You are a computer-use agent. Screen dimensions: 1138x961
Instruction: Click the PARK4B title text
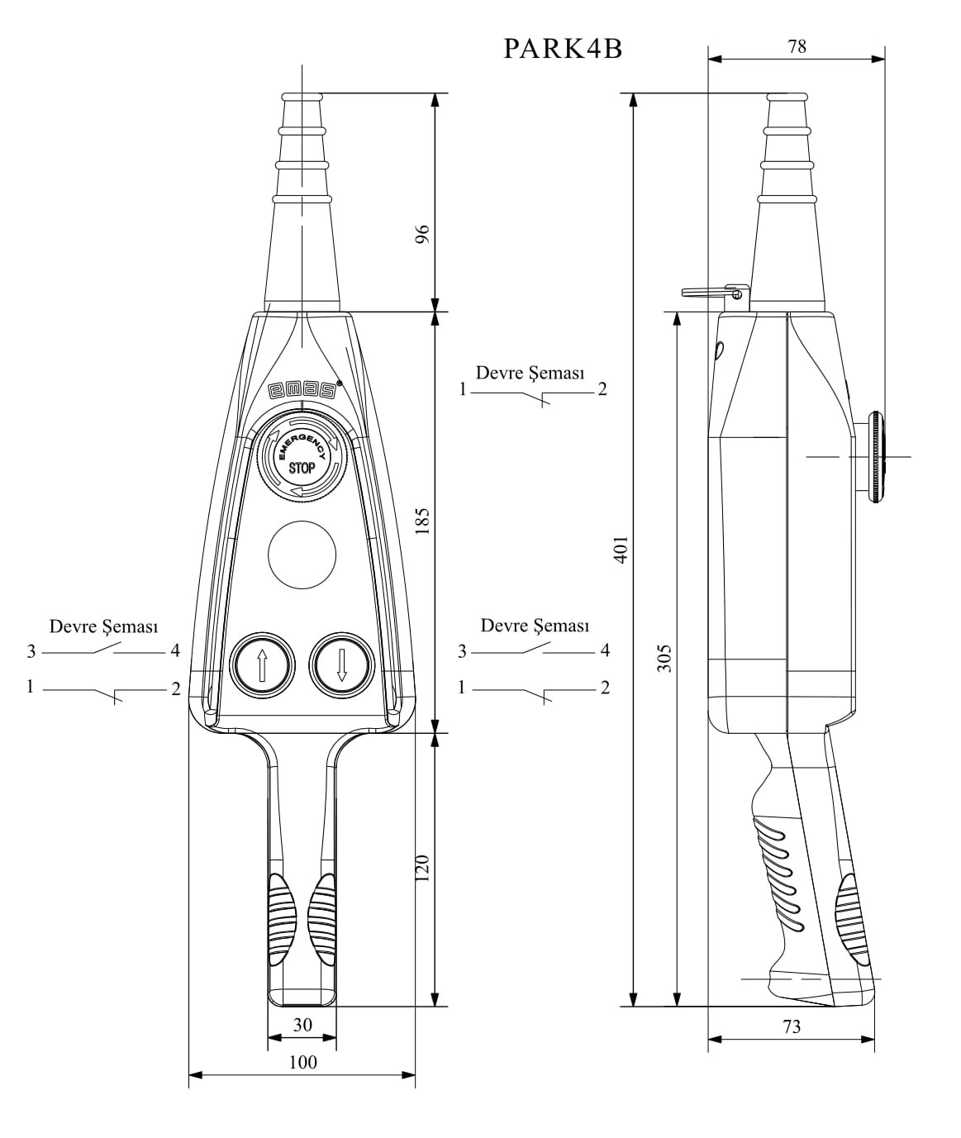tap(563, 49)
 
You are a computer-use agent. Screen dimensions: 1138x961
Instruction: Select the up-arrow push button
tap(262, 664)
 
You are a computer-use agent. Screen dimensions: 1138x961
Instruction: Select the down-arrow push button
tap(341, 664)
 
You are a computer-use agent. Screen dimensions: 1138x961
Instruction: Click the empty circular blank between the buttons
tap(302, 555)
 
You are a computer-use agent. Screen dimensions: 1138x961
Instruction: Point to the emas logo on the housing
tap(302, 390)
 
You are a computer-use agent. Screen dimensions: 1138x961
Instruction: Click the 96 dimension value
tap(422, 234)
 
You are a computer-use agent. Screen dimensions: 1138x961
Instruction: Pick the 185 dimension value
tap(422, 521)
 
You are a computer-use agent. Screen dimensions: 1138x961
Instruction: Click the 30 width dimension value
tap(302, 1025)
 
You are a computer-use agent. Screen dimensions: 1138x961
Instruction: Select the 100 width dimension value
tap(302, 1062)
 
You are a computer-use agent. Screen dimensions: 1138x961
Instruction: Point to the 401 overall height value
tap(621, 549)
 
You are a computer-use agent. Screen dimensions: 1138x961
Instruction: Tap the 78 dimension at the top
tap(797, 47)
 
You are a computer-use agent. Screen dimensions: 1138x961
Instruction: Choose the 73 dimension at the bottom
tap(791, 1027)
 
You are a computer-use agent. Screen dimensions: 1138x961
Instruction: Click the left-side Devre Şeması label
tap(103, 626)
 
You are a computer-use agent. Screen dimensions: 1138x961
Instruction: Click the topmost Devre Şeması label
tap(530, 373)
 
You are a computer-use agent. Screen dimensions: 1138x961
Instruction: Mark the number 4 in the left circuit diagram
tap(175, 651)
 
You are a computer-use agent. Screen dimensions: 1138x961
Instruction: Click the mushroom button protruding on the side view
tap(873, 456)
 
